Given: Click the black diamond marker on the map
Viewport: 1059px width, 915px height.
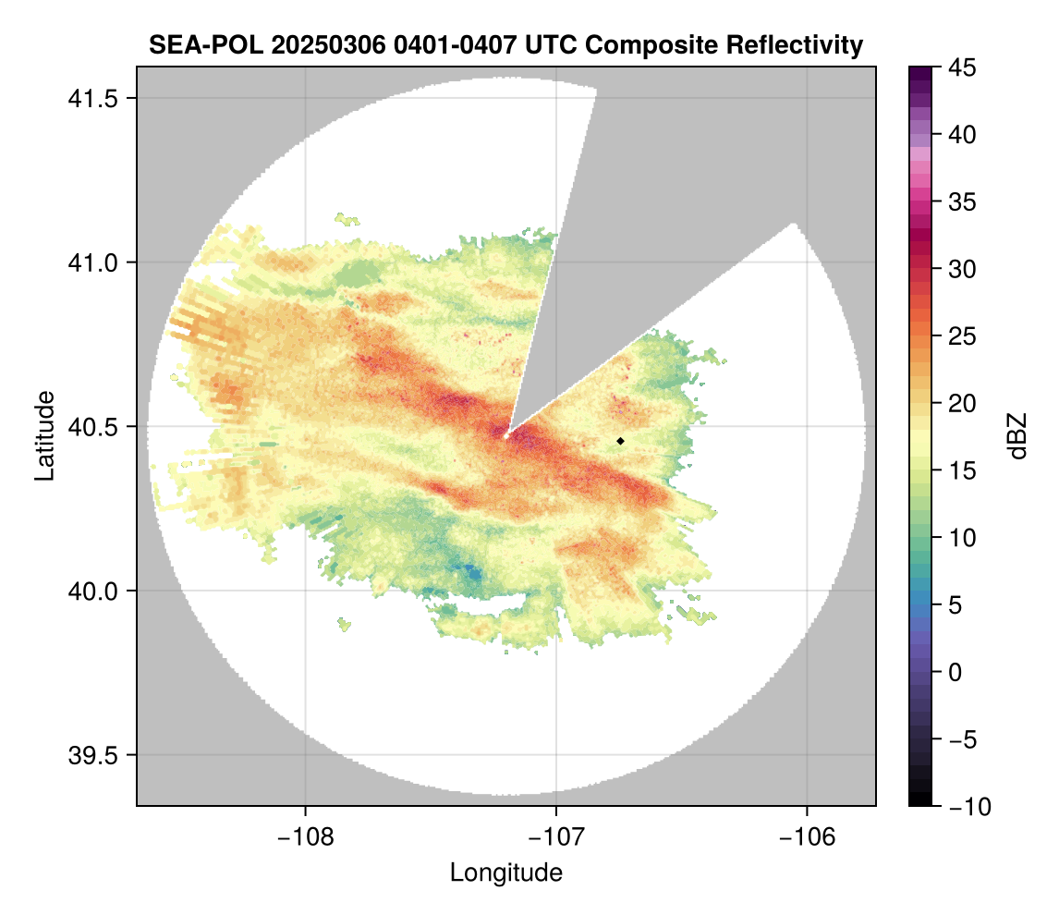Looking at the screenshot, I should (x=621, y=441).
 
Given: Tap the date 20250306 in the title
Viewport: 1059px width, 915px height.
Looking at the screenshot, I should (x=311, y=44).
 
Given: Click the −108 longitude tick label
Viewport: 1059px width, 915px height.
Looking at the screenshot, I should (x=304, y=837).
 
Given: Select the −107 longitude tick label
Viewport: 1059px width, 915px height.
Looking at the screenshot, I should (x=556, y=837).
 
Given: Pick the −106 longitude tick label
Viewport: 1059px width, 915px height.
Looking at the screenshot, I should (x=808, y=837).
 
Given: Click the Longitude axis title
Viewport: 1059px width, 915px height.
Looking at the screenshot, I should (x=505, y=872).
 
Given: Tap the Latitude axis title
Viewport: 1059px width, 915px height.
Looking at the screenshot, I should (x=44, y=435).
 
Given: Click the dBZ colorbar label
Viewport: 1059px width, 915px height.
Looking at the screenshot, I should (x=1017, y=436).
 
